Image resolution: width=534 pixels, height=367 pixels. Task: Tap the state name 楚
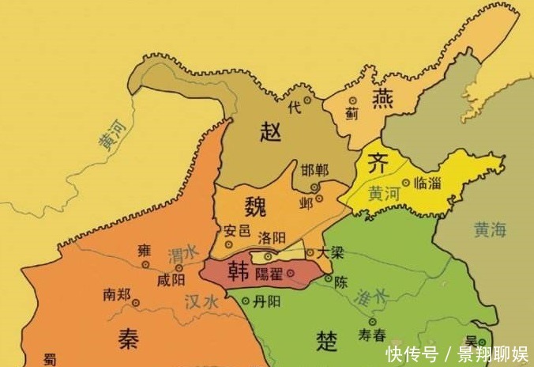pos(326,340)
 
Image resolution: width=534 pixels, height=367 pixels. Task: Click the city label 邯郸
pos(315,171)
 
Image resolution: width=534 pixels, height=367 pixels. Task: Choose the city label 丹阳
pos(268,301)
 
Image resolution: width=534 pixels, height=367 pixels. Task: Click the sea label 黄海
pos(492,229)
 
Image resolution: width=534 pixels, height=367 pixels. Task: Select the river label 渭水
pos(183,255)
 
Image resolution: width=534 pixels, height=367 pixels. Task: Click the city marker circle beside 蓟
pos(353,100)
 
